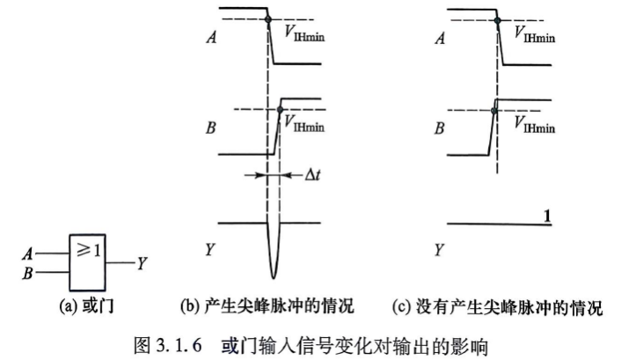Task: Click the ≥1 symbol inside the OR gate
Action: pyautogui.click(x=89, y=250)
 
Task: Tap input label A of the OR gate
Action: pyautogui.click(x=27, y=254)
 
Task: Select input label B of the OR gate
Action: pyautogui.click(x=27, y=273)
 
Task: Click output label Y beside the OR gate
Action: pyautogui.click(x=142, y=263)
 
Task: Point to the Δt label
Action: pyautogui.click(x=312, y=175)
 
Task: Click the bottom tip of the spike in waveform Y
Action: pyautogui.click(x=274, y=278)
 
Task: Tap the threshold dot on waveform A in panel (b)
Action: pyautogui.click(x=268, y=19)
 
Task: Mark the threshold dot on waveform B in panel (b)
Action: pyautogui.click(x=280, y=110)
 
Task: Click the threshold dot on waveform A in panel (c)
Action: pyautogui.click(x=497, y=20)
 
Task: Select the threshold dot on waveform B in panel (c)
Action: pyautogui.click(x=494, y=110)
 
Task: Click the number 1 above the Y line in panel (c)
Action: pyautogui.click(x=546, y=216)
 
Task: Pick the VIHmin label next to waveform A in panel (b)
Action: pyautogui.click(x=304, y=33)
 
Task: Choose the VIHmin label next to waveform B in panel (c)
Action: pyautogui.click(x=535, y=124)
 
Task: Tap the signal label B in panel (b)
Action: pyautogui.click(x=211, y=129)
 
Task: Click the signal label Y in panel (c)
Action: pyautogui.click(x=439, y=250)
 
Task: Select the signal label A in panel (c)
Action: pyautogui.click(x=440, y=38)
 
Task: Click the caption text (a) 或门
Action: pyautogui.click(x=86, y=306)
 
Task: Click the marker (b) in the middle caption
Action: pyautogui.click(x=189, y=306)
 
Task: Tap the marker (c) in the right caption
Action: pyautogui.click(x=401, y=307)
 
